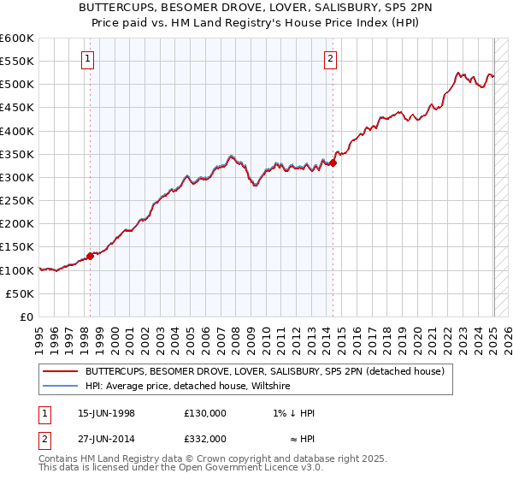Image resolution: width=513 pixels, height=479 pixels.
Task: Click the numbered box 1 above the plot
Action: click(89, 59)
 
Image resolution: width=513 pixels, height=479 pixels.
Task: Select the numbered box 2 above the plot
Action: click(331, 59)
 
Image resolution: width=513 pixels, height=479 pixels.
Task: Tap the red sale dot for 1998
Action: click(90, 255)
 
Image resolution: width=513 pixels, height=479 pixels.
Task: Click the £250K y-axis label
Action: click(17, 200)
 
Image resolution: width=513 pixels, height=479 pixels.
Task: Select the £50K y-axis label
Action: click(21, 293)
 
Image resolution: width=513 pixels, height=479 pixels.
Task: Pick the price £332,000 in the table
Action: click(205, 439)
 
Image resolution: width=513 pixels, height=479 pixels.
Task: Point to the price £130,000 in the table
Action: click(205, 413)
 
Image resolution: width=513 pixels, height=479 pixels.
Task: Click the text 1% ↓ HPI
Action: click(293, 413)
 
